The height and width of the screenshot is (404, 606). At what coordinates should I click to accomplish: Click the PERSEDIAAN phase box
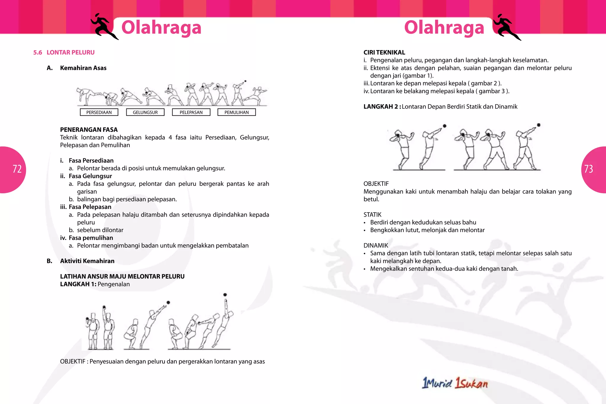pos(99,112)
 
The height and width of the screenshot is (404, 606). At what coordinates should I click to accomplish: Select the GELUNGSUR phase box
pos(145,112)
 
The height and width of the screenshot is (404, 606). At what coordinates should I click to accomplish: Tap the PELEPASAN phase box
pos(191,112)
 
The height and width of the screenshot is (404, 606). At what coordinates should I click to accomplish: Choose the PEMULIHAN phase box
pos(236,112)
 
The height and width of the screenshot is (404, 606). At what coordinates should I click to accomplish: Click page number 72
pos(17,169)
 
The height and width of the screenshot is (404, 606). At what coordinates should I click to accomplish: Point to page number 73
pos(589,169)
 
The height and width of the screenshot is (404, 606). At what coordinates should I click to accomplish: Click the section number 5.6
pos(38,53)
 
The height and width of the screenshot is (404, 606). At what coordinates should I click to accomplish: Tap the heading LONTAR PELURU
pos(70,53)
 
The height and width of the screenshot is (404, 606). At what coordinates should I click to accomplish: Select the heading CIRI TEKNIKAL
pos(384,53)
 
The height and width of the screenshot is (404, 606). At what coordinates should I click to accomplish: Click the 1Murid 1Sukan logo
pos(455,383)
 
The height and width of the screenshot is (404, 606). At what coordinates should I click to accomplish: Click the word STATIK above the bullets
pos(372,215)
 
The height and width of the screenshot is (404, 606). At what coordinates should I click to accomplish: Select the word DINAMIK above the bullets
pos(375,245)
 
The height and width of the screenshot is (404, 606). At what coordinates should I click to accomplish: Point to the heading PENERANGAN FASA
pos(89,130)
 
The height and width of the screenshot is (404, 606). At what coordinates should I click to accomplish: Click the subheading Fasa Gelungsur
pos(90,176)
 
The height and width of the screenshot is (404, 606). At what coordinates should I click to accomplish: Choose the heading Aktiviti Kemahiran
pos(87,261)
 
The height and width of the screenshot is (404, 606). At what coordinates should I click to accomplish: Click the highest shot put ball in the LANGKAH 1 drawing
pos(225,295)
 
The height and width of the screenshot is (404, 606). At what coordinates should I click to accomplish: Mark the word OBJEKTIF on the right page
pos(376,184)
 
